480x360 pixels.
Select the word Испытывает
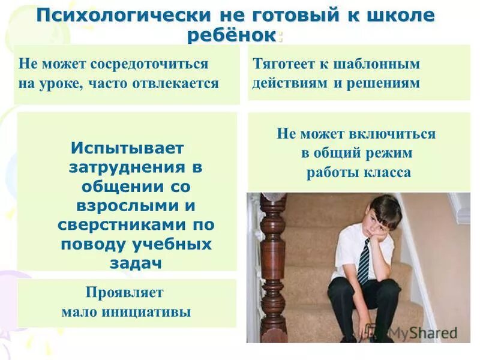pyautogui.click(x=127, y=148)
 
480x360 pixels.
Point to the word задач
pyautogui.click(x=137, y=264)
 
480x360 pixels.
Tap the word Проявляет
pyautogui.click(x=125, y=292)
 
